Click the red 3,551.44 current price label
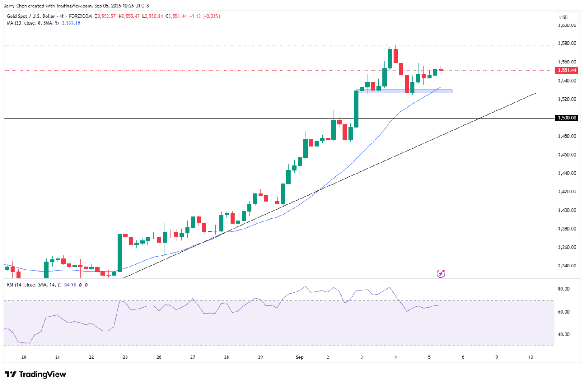point(566,70)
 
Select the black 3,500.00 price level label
point(566,118)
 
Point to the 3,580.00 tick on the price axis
point(567,43)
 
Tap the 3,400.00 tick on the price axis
point(567,210)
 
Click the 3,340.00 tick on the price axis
point(567,266)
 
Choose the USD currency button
point(563,17)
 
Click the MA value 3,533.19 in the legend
point(71,23)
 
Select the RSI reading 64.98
point(70,285)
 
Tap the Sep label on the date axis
point(300,357)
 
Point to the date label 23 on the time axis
point(125,357)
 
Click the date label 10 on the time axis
point(531,357)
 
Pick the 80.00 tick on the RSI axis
point(564,289)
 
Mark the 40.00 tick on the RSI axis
point(564,334)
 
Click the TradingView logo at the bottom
point(35,375)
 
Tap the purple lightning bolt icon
point(441,274)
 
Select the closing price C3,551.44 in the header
point(176,16)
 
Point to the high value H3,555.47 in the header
point(129,16)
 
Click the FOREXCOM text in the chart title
point(80,16)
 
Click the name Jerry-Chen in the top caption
point(15,6)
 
